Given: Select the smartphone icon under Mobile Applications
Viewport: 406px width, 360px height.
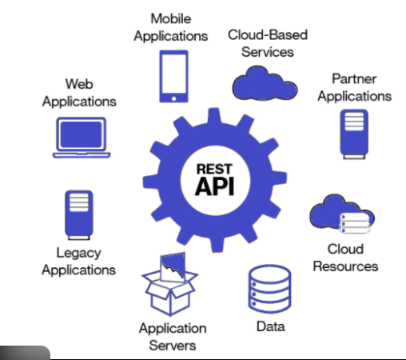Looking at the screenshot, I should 172,75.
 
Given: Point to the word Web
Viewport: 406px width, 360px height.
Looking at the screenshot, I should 79,83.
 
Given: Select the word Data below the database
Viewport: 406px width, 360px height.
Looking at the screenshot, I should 270,326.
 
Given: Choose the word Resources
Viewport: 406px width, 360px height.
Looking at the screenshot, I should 345,265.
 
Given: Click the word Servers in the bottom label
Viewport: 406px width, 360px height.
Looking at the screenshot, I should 173,345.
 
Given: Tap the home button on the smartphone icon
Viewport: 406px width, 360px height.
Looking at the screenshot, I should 172,96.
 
